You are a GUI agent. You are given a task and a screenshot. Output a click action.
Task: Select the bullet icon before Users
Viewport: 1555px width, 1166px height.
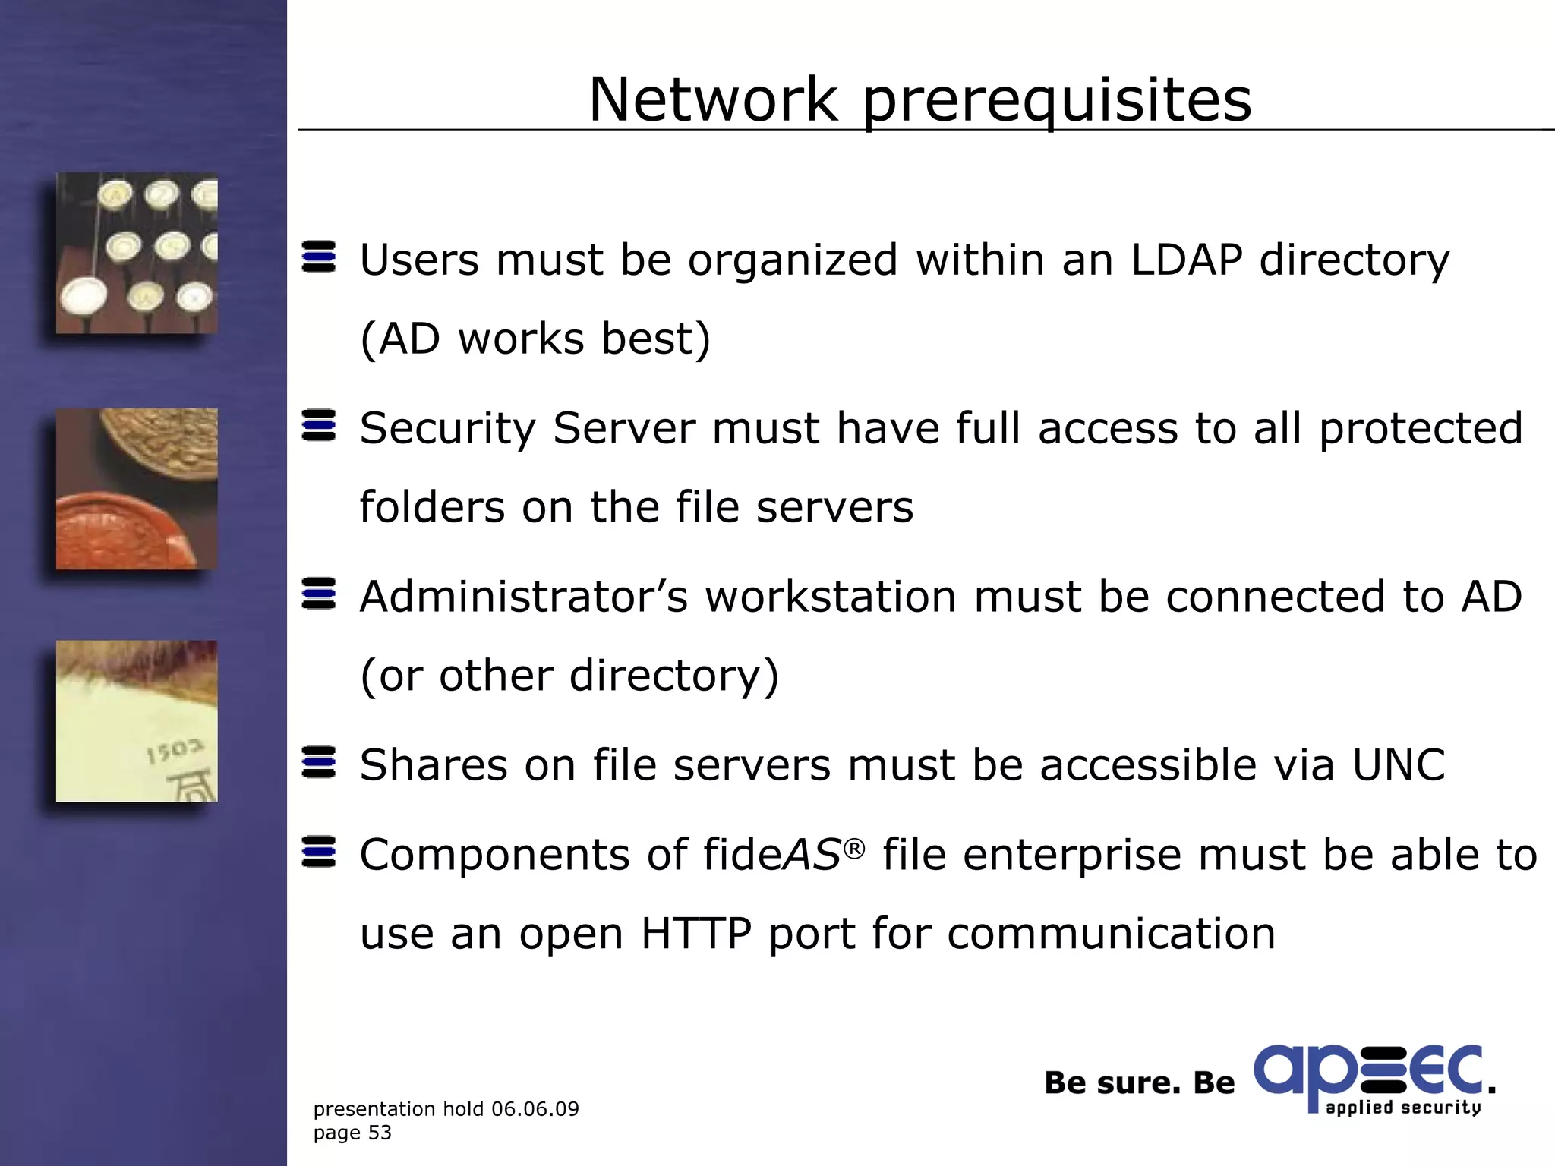click(x=319, y=257)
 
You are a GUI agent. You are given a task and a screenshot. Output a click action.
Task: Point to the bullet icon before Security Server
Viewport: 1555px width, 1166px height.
click(x=319, y=425)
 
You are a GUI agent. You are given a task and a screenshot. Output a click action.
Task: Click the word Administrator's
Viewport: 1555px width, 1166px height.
click(x=524, y=597)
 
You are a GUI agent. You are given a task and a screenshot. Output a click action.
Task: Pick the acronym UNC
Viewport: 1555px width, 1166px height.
click(x=1399, y=764)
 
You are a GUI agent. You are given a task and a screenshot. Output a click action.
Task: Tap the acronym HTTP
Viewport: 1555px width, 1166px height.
click(x=696, y=933)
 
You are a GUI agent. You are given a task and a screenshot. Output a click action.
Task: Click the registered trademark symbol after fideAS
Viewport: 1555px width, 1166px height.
click(x=854, y=849)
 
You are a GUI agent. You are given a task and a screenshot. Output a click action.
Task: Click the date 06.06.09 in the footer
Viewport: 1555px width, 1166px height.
click(x=535, y=1109)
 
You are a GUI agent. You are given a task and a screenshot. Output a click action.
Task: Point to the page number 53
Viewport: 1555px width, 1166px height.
click(x=380, y=1133)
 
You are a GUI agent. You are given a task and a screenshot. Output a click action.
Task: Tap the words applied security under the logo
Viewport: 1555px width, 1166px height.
click(x=1403, y=1108)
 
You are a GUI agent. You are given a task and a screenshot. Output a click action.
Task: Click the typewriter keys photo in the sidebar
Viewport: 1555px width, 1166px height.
click(x=137, y=253)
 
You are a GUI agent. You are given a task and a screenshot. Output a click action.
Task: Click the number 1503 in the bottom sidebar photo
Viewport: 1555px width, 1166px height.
click(x=175, y=752)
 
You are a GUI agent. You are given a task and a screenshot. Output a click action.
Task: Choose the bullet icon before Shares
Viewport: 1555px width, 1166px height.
click(x=319, y=762)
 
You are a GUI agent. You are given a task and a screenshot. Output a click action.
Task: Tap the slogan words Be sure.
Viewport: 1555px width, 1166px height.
click(x=1112, y=1082)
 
